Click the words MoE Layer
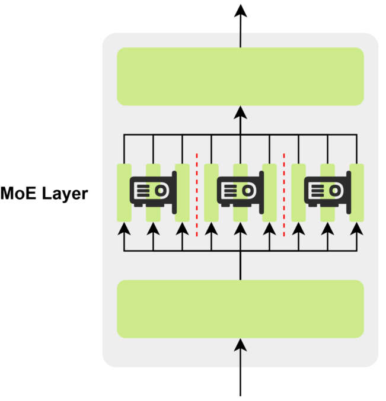pos(44,194)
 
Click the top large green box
pos(240,76)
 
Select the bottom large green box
pos(240,309)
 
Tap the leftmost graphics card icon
pos(154,190)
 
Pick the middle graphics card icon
pos(240,190)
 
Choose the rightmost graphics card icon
pos(327,190)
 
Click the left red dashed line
pos(197,194)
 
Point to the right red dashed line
pos(284,194)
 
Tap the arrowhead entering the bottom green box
pos(240,344)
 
